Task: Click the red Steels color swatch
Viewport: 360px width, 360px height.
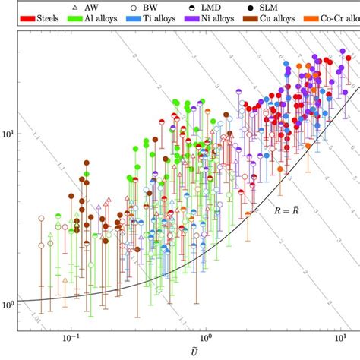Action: tap(30, 16)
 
